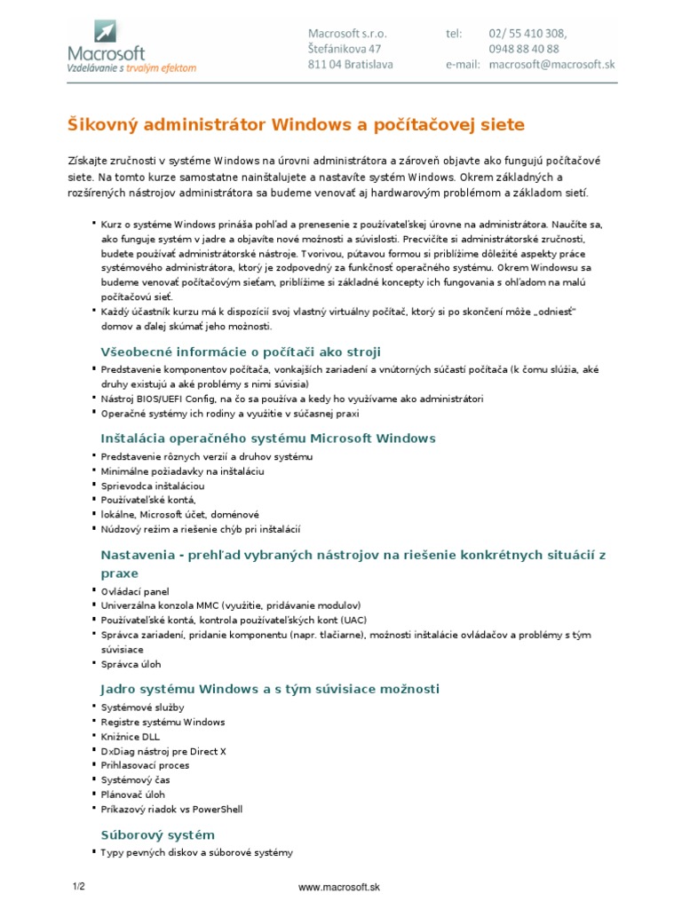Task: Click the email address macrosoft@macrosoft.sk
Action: pos(551,65)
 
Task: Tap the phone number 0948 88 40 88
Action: pos(524,49)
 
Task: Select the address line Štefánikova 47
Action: pos(345,49)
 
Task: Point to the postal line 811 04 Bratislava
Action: pos(351,65)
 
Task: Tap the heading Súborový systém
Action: pos(157,835)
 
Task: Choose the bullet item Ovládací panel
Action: pos(134,591)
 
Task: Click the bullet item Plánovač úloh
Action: pos(133,794)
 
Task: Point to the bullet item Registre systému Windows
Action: pos(163,722)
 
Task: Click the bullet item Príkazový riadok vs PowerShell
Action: pos(171,810)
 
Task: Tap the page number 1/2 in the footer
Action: pos(78,887)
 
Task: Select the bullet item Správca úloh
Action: pos(131,664)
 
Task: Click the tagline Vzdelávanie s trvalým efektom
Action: pos(132,67)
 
